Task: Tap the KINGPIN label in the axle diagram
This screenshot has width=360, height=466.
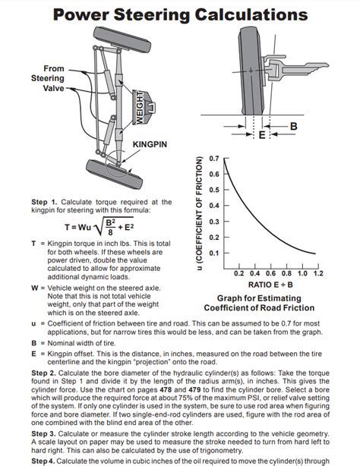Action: (150, 144)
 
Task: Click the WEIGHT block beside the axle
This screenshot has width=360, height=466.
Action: (144, 107)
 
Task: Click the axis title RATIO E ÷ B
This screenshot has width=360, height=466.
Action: (270, 285)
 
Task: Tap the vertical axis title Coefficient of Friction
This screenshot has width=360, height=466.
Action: (199, 213)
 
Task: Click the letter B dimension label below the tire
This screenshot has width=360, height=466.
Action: (293, 126)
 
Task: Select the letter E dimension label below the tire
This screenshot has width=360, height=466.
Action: (262, 135)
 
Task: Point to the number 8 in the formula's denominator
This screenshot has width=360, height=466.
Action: (110, 232)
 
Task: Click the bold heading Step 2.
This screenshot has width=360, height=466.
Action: (44, 373)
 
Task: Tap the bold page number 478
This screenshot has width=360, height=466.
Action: (166, 389)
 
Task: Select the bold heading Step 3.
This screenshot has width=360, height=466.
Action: (44, 434)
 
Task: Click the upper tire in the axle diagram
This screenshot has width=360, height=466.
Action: (122, 39)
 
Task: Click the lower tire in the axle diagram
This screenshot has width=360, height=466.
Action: (114, 174)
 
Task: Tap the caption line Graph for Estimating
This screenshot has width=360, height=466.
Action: (259, 298)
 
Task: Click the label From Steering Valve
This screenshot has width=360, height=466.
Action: (48, 78)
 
